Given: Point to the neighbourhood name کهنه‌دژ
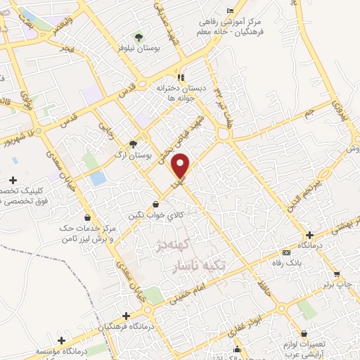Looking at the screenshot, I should click(172, 247).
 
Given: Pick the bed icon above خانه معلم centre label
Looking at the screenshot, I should click(231, 11).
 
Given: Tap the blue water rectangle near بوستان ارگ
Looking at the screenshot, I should click(98, 179).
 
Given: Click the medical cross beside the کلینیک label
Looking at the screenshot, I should click(15, 181).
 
